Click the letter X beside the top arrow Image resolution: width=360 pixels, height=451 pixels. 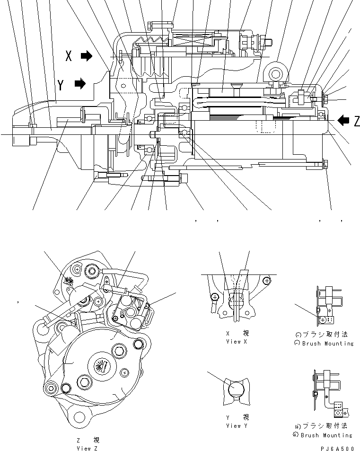[x=69, y=57]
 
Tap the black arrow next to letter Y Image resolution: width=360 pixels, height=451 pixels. [x=80, y=84]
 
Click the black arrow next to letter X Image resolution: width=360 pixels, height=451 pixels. [x=87, y=56]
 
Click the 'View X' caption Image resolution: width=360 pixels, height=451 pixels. [x=237, y=341]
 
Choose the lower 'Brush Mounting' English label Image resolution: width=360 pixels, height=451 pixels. [x=328, y=435]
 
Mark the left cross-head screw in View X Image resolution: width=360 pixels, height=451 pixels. [x=214, y=297]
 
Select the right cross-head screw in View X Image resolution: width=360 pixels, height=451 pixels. [x=267, y=280]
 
